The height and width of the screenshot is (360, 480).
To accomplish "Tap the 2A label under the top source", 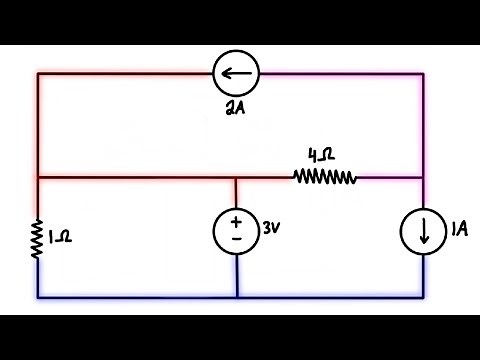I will point(237,108).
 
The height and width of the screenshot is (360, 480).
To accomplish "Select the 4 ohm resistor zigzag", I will point(325,177).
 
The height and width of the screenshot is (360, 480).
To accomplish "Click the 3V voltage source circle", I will point(237,231).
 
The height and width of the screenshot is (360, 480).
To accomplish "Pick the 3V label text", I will point(271,228).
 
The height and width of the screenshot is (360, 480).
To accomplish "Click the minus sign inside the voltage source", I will point(237,240).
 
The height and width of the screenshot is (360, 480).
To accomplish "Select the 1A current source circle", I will point(423,232).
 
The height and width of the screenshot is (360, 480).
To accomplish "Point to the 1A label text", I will point(458,230).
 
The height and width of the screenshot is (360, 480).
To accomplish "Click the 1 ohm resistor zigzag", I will point(38,238).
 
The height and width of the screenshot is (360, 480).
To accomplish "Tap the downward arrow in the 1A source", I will point(423,233).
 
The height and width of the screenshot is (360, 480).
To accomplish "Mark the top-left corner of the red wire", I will point(38,73).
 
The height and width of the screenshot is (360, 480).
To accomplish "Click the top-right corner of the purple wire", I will point(423,73).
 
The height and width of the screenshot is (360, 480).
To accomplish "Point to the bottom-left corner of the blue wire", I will point(38,297).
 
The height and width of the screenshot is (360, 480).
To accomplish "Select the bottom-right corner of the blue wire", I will point(423,297).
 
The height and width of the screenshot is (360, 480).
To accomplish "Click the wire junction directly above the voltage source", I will point(237,177).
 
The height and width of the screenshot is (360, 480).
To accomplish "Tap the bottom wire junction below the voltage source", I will point(237,297).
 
